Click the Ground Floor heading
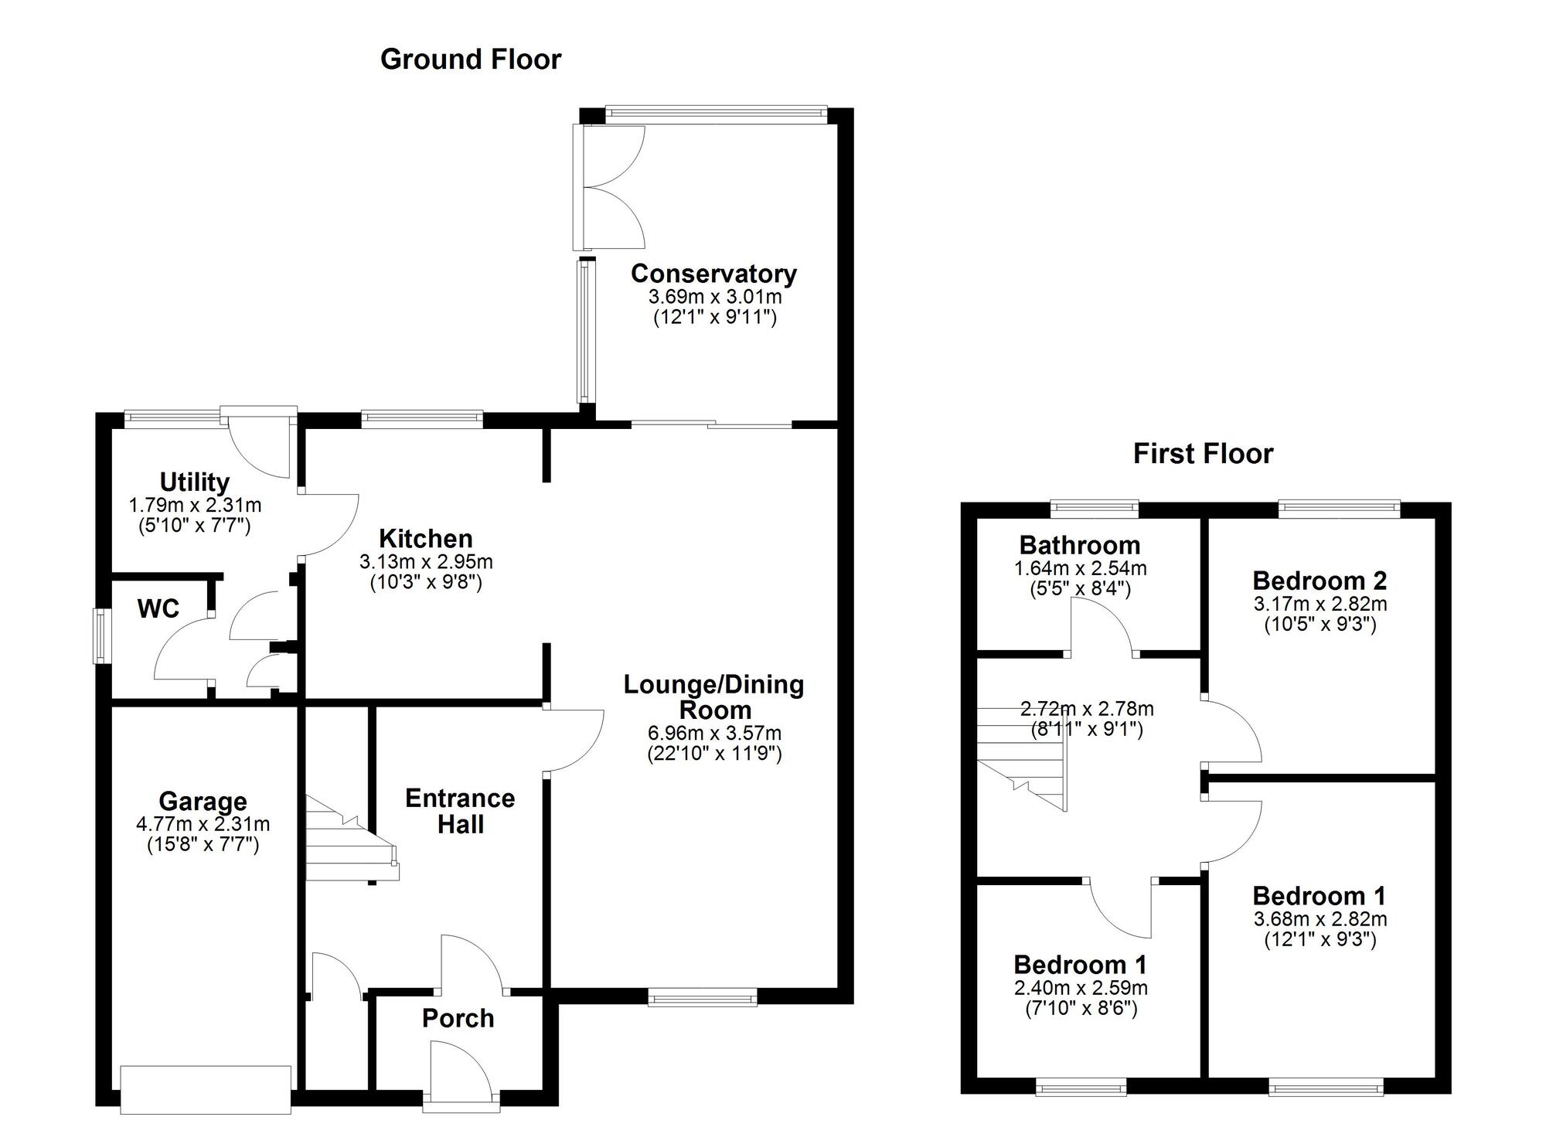click(x=470, y=60)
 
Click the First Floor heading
click(x=1203, y=454)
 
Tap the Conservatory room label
click(x=713, y=274)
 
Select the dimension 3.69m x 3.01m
click(x=715, y=297)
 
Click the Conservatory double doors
click(x=611, y=187)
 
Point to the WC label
click(x=158, y=609)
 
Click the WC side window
click(x=100, y=635)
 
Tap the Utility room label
click(x=195, y=482)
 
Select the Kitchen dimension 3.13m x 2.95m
click(x=426, y=562)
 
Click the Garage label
click(x=203, y=802)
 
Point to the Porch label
click(x=458, y=1019)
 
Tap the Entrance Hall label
click(x=460, y=811)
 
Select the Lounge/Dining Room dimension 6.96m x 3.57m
click(x=714, y=733)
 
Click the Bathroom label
click(x=1080, y=546)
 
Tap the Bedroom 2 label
click(x=1320, y=581)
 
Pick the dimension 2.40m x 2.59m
click(x=1081, y=988)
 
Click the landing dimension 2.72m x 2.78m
click(x=1087, y=709)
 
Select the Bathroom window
click(x=1095, y=508)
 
